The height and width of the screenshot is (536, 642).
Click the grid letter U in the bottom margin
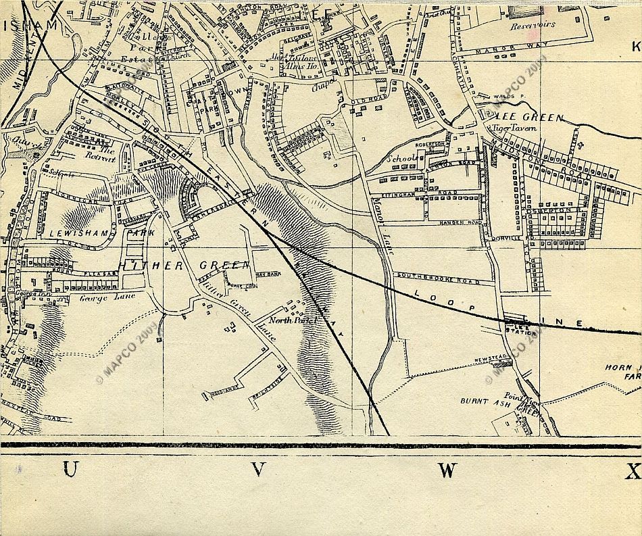[70, 470]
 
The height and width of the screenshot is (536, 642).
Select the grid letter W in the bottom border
[447, 470]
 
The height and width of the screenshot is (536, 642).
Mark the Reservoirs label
[533, 24]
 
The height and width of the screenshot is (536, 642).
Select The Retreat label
[100, 155]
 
